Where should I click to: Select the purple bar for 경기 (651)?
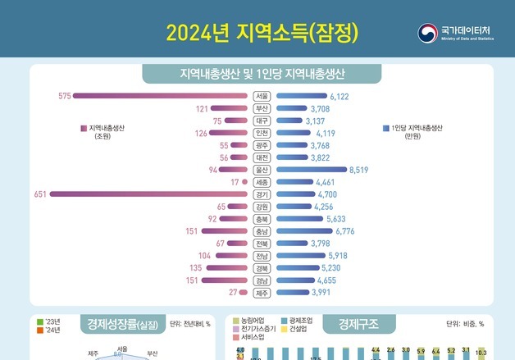148,194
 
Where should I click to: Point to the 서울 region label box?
262,96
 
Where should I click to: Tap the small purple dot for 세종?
244,182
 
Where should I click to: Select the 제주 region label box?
262,293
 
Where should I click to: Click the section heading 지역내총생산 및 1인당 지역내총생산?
262,75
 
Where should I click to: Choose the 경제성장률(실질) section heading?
122,324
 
